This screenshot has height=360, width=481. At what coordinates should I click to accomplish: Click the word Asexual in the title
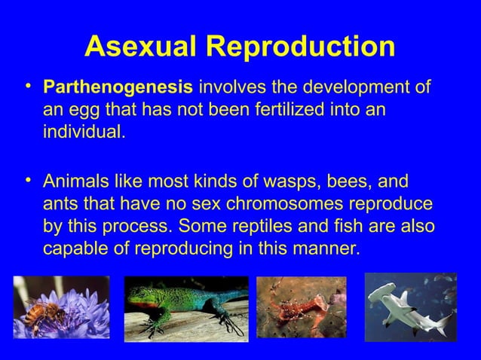click(x=139, y=47)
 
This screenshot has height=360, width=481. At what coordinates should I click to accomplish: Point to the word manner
click(x=324, y=249)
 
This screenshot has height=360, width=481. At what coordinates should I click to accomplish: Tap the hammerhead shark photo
click(x=410, y=307)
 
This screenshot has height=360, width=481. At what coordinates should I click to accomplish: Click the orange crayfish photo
click(x=301, y=307)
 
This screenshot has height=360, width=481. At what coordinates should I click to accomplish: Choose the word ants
click(x=60, y=205)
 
